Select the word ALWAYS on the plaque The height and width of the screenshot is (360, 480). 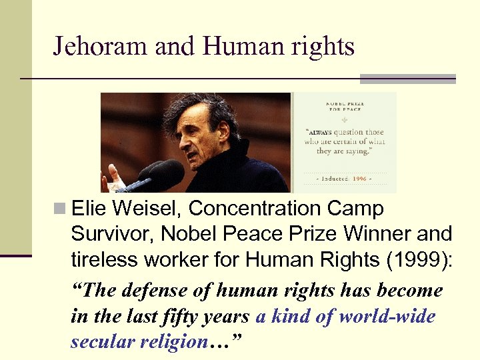tap(319, 133)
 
